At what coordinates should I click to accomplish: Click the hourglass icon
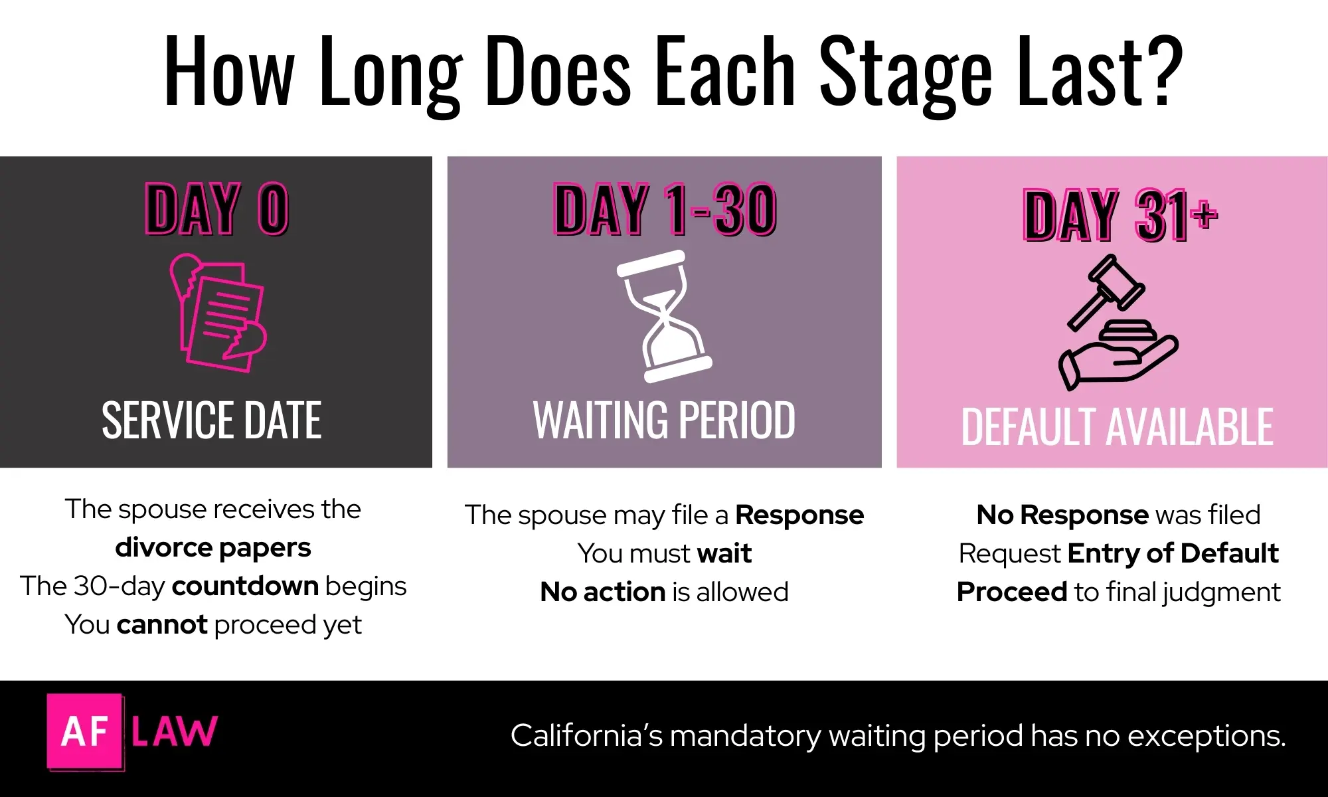pos(664,316)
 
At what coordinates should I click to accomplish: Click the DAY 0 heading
pos(216,209)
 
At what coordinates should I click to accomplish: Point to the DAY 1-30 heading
pos(665,209)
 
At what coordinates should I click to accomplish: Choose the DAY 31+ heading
pos(1120,214)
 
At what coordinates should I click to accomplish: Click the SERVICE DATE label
pos(212,420)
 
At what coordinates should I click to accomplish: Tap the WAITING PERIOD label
pos(664,420)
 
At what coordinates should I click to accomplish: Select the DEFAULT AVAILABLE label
pos(1117,427)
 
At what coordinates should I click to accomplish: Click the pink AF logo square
pos(84,731)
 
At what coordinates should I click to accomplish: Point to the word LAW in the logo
pos(174,731)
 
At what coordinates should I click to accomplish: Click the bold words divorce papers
pos(212,548)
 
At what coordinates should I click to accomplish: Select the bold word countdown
pos(245,586)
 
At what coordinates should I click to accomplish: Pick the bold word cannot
pos(162,625)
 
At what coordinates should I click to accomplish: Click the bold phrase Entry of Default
pos(1173,553)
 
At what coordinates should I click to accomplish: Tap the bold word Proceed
pos(1011,592)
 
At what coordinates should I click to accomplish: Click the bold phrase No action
pos(602,592)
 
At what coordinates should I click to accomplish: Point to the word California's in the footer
pos(586,736)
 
